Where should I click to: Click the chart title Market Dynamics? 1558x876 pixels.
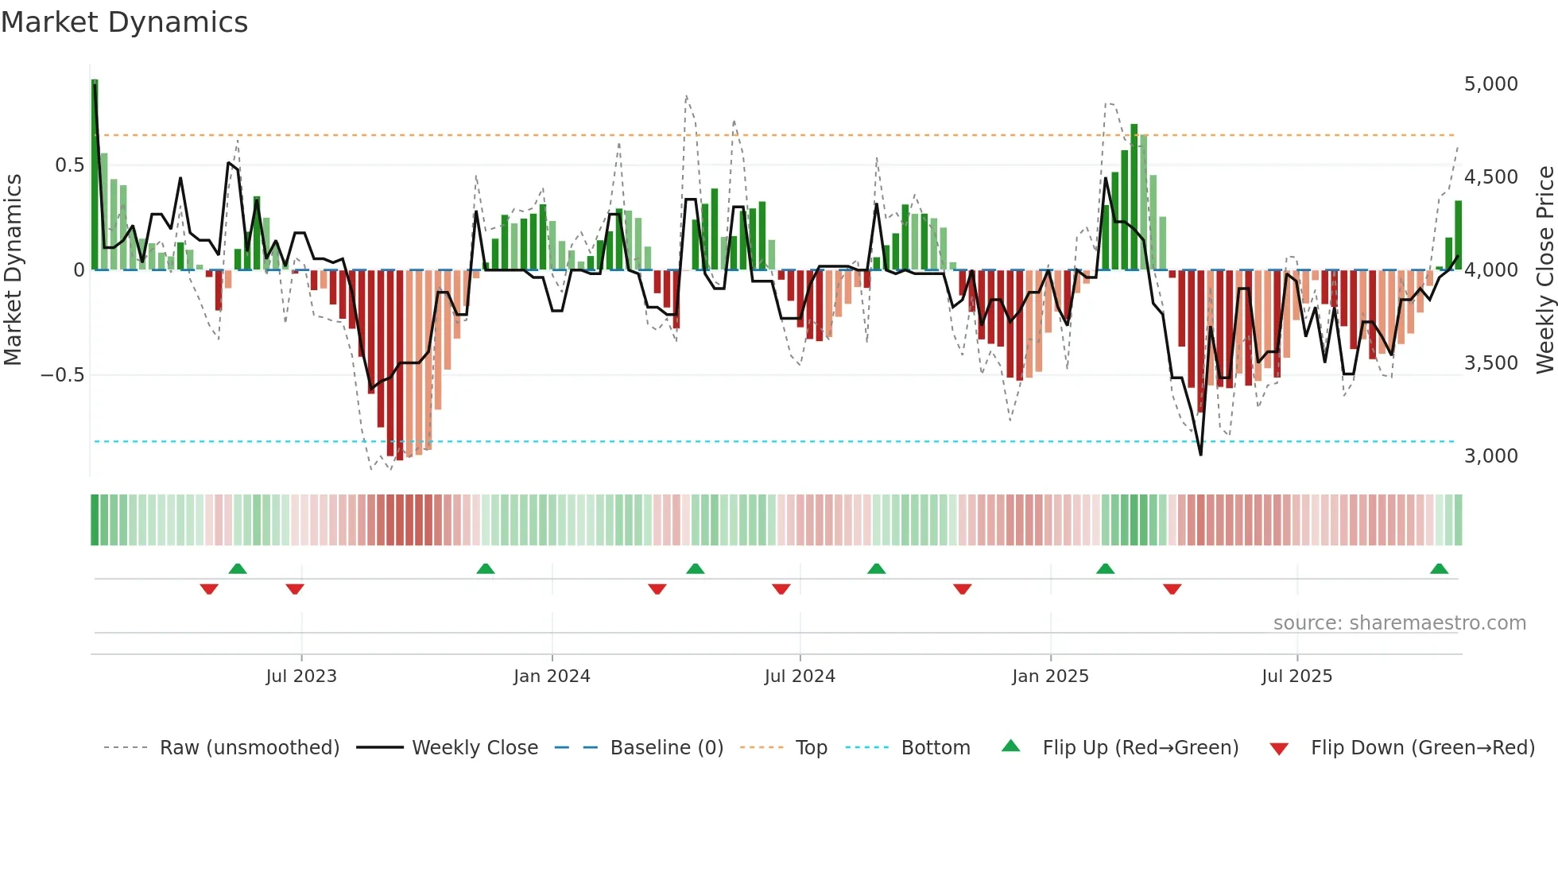[x=124, y=22]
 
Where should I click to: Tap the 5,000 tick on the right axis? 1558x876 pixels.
[x=1490, y=84]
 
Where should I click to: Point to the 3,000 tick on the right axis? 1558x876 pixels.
[x=1490, y=456]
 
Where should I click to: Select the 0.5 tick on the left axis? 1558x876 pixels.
[x=69, y=165]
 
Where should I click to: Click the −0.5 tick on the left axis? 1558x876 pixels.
[x=63, y=375]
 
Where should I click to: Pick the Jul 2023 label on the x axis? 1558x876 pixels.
[x=301, y=676]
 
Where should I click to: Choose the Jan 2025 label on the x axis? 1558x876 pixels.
[x=1050, y=676]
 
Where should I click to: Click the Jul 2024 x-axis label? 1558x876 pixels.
[x=800, y=676]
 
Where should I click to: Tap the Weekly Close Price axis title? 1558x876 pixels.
[x=1544, y=270]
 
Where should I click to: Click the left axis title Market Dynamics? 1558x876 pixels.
[x=13, y=270]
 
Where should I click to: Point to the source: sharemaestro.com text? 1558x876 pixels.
[x=1399, y=623]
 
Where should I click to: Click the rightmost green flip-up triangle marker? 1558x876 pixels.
[x=1439, y=569]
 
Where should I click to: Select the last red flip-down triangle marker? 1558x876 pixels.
[x=1172, y=589]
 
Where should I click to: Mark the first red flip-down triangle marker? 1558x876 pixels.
[x=209, y=589]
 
